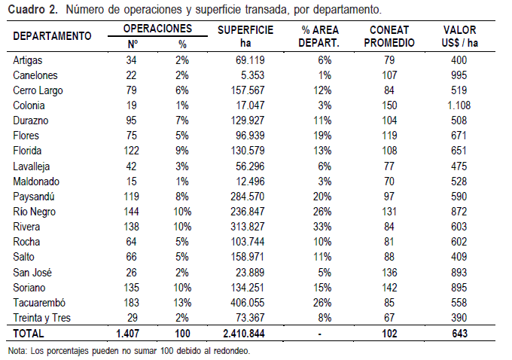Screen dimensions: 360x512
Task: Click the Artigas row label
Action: point(29,59)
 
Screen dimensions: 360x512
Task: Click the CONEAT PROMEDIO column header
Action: point(389,36)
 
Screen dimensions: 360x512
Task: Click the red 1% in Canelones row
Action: point(325,75)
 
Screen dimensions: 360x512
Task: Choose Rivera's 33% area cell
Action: point(322,227)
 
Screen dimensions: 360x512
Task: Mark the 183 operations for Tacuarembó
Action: point(132,303)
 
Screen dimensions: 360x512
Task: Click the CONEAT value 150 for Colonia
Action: point(389,105)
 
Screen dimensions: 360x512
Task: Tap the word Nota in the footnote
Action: point(16,350)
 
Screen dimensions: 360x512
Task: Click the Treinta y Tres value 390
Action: point(458,318)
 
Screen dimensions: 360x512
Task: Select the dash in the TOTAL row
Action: point(322,333)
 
